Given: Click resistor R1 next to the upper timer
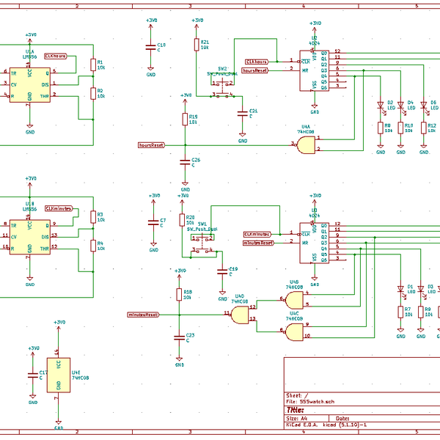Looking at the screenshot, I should click(x=92, y=65).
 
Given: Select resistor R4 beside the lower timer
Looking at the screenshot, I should click(x=92, y=246).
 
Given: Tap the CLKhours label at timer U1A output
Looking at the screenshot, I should click(x=56, y=56).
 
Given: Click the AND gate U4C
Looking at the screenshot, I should click(x=294, y=332).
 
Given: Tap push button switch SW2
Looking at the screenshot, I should click(x=221, y=88).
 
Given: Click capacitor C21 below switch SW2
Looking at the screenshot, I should click(x=243, y=113).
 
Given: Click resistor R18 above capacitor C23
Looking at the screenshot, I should click(x=179, y=295).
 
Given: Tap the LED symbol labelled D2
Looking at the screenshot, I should click(x=381, y=105).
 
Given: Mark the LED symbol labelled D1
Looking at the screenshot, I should click(x=400, y=288).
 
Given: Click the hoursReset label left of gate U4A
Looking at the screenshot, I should click(x=150, y=145).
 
